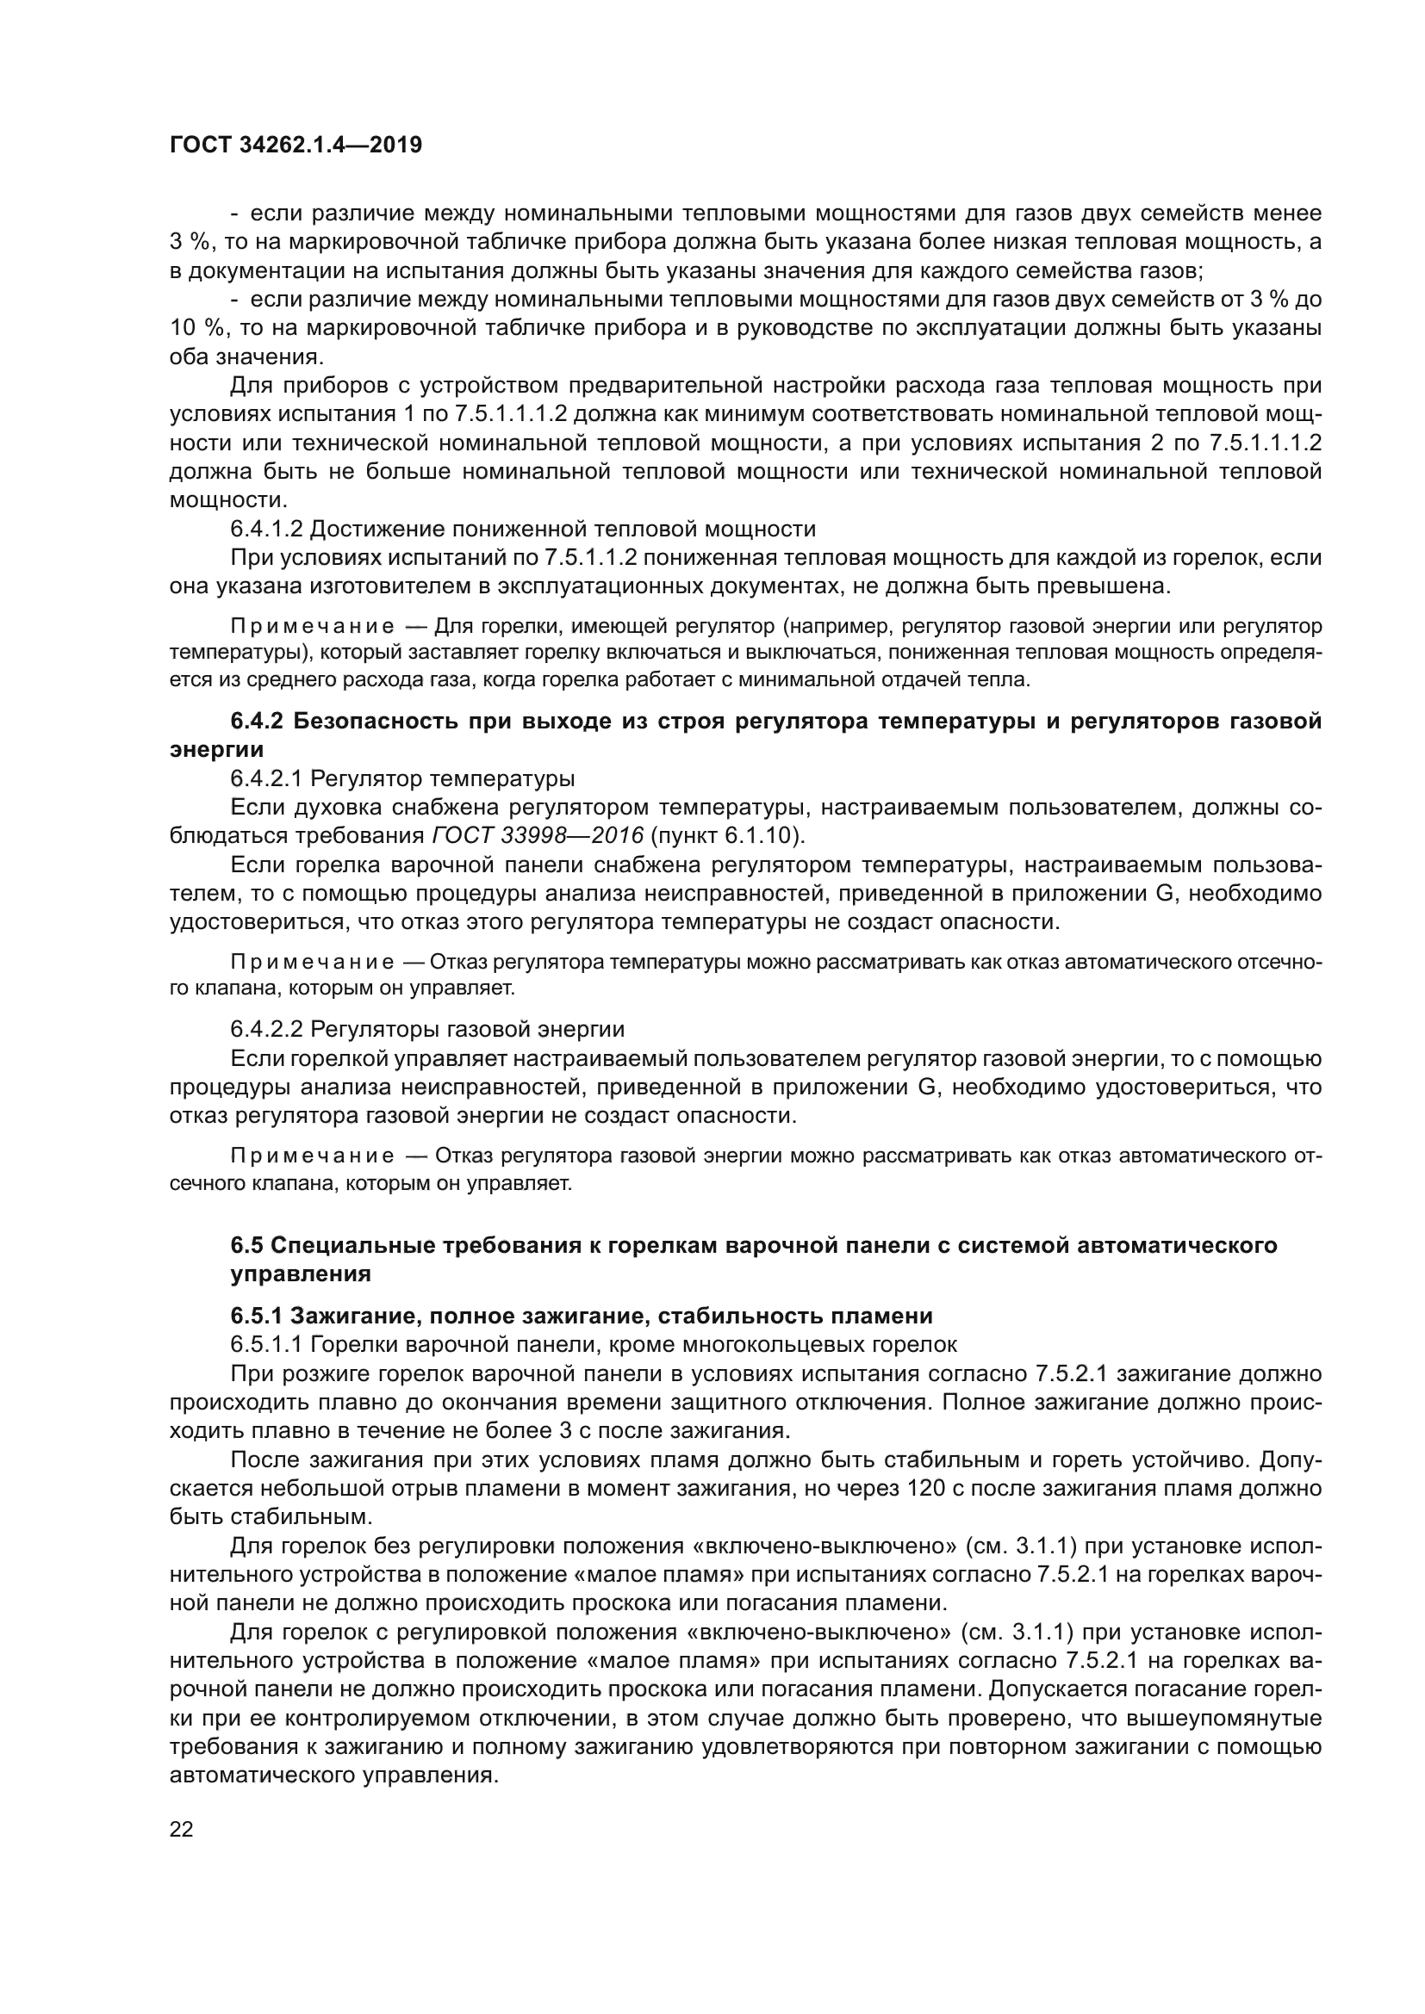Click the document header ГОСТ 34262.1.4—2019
pyautogui.click(x=295, y=146)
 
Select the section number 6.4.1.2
pyautogui.click(x=267, y=529)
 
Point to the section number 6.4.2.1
pyautogui.click(x=267, y=778)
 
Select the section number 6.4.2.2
pyautogui.click(x=267, y=1028)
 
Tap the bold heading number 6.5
pyautogui.click(x=246, y=1245)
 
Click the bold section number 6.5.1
pyautogui.click(x=256, y=1316)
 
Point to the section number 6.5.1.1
pyautogui.click(x=267, y=1344)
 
